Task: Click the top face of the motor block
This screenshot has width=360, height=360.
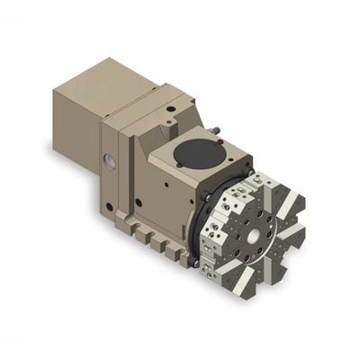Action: click(x=103, y=76)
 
